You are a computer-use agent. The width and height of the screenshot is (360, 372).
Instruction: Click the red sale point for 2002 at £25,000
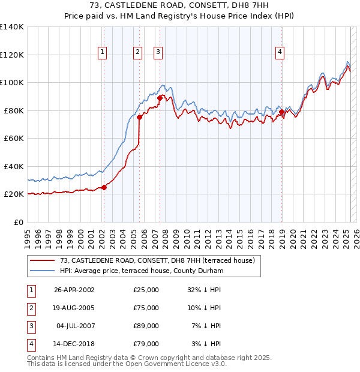104,187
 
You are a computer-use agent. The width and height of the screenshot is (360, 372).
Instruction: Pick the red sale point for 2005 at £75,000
139,117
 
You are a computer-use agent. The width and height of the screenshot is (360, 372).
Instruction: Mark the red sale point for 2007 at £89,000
160,98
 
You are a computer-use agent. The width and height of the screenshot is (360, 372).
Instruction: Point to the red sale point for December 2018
281,112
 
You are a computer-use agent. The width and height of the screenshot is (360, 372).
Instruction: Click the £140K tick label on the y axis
11,27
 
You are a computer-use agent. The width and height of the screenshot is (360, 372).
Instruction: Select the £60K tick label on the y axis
13,138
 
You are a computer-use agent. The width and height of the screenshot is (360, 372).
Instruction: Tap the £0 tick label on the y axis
18,222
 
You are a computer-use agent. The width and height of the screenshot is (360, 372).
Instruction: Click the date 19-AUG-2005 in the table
74,308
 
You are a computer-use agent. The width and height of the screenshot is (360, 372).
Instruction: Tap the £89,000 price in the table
146,326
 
